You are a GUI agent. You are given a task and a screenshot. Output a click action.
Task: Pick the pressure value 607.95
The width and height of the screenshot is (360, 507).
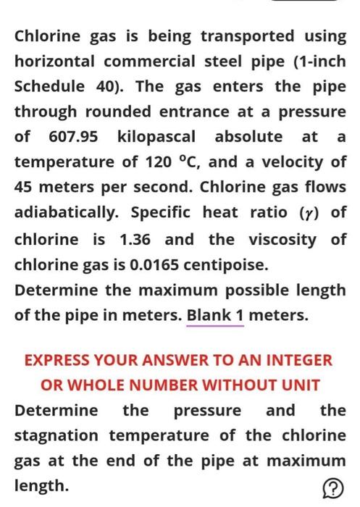74,137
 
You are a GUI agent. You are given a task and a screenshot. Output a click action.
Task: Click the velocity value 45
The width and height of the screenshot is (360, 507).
25,188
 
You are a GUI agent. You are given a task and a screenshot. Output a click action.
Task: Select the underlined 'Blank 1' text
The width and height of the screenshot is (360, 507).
214,317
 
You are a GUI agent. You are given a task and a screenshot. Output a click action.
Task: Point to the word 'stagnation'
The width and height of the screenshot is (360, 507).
58,436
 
